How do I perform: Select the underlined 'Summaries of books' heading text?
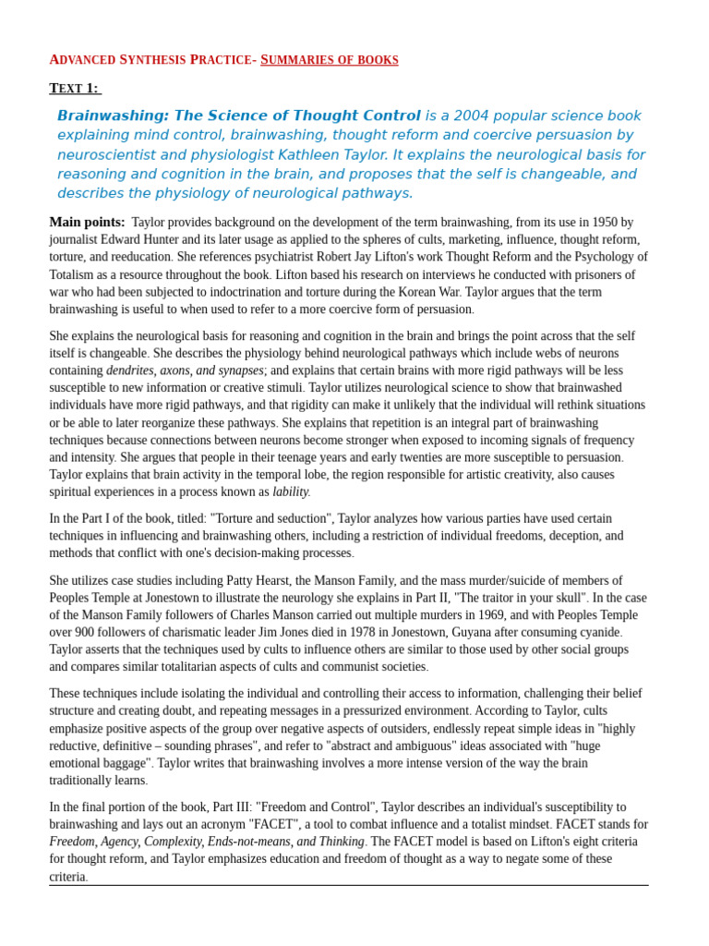coord(330,60)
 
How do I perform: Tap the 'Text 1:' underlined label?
coord(74,89)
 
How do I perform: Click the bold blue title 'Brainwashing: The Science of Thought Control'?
coord(238,115)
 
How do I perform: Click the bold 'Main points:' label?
coord(87,222)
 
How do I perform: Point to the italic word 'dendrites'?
coord(130,370)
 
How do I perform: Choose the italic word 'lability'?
coord(291,492)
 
